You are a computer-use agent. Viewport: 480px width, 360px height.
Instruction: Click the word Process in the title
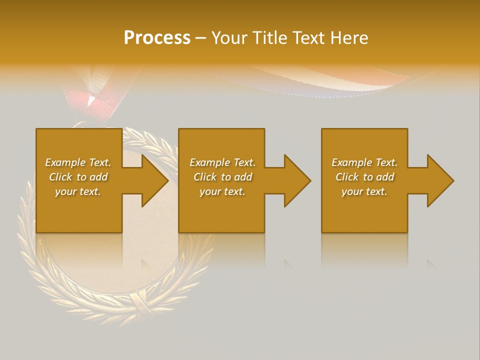(157, 38)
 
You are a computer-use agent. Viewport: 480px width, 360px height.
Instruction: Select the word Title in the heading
(270, 38)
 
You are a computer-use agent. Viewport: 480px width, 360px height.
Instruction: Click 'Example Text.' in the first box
(78, 162)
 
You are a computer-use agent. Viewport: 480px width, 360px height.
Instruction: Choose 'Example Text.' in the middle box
(222, 162)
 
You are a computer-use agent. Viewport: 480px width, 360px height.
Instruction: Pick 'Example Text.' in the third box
(364, 162)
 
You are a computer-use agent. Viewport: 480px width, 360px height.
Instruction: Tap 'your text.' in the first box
(78, 191)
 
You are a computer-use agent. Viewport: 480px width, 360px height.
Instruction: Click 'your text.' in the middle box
(222, 191)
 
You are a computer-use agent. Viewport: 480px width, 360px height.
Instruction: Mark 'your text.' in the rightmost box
(364, 191)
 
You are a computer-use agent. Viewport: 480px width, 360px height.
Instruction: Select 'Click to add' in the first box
(78, 177)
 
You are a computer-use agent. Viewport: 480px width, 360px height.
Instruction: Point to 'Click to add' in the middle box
(222, 177)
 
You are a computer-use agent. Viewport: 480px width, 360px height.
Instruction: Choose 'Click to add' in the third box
(364, 177)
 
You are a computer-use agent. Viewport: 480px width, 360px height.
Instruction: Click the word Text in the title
(309, 38)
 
